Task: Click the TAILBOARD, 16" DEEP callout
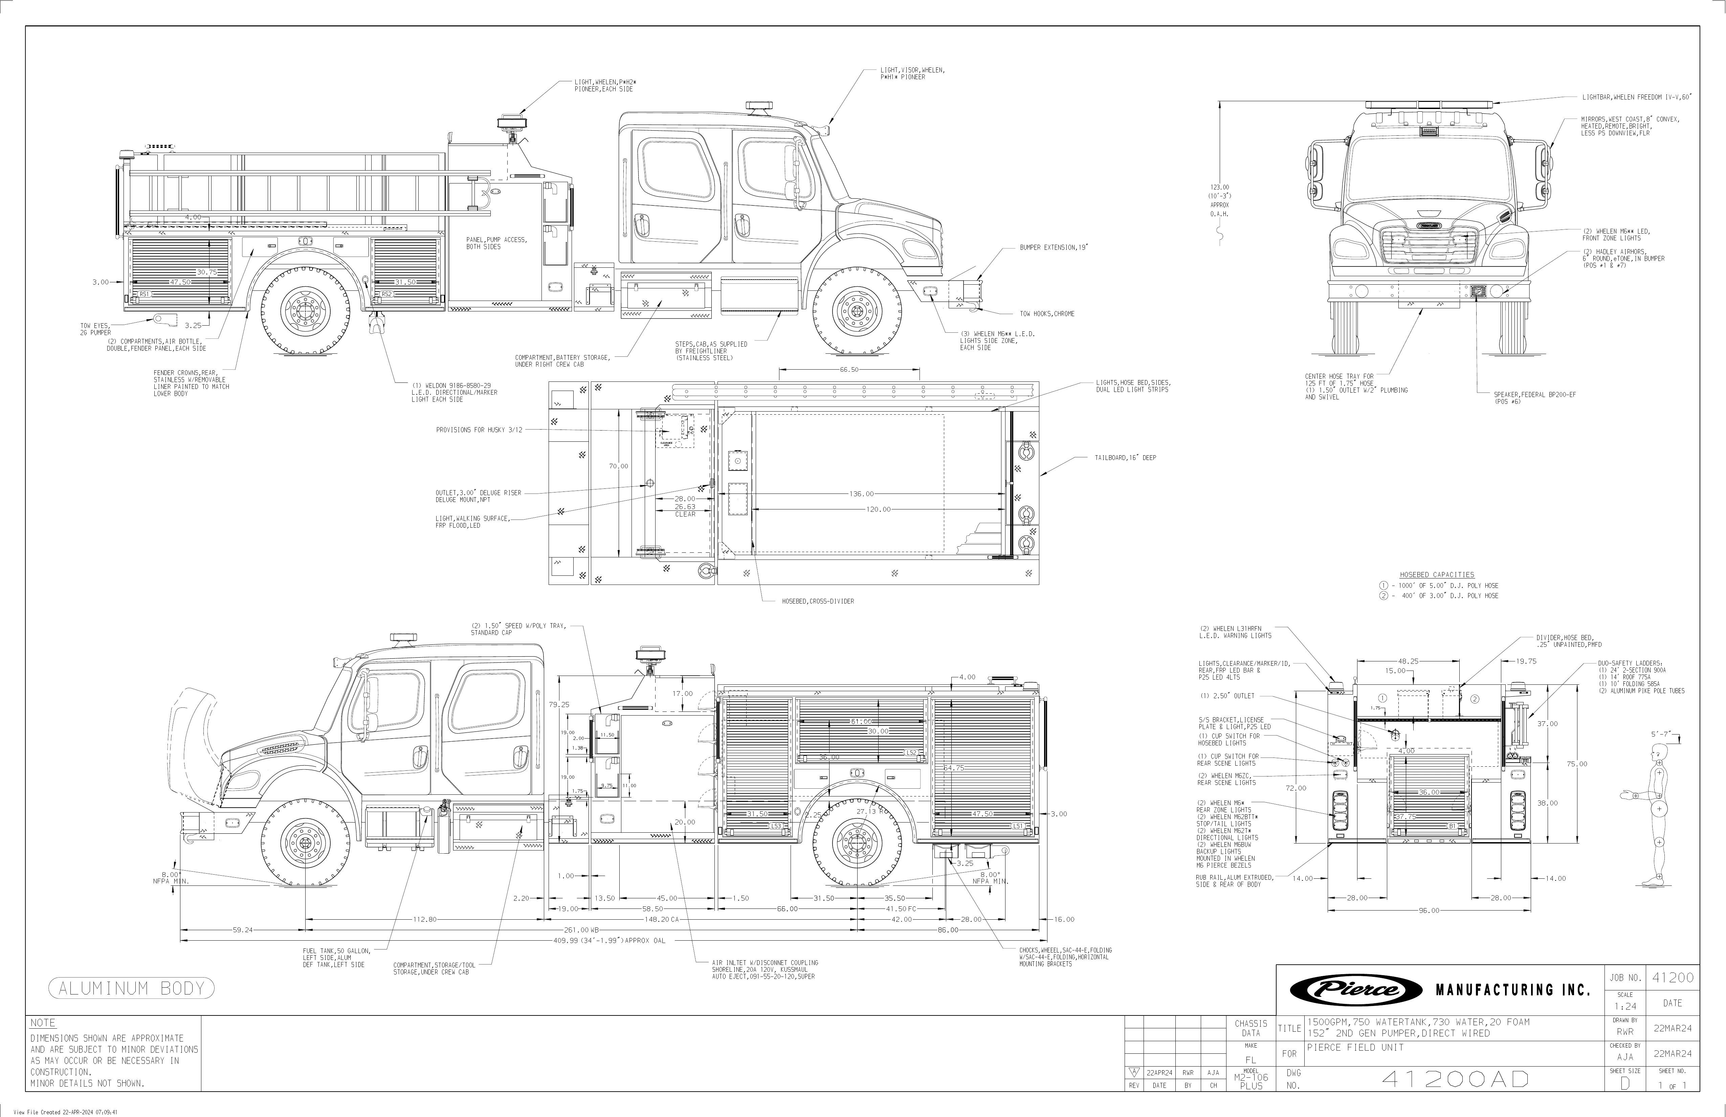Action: [x=1125, y=458]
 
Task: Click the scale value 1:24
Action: [x=1625, y=1007]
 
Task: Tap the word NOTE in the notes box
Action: [x=43, y=1024]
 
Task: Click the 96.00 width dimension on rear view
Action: [x=1429, y=910]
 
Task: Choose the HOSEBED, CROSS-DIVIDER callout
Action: [x=817, y=601]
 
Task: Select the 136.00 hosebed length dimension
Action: [x=862, y=494]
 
